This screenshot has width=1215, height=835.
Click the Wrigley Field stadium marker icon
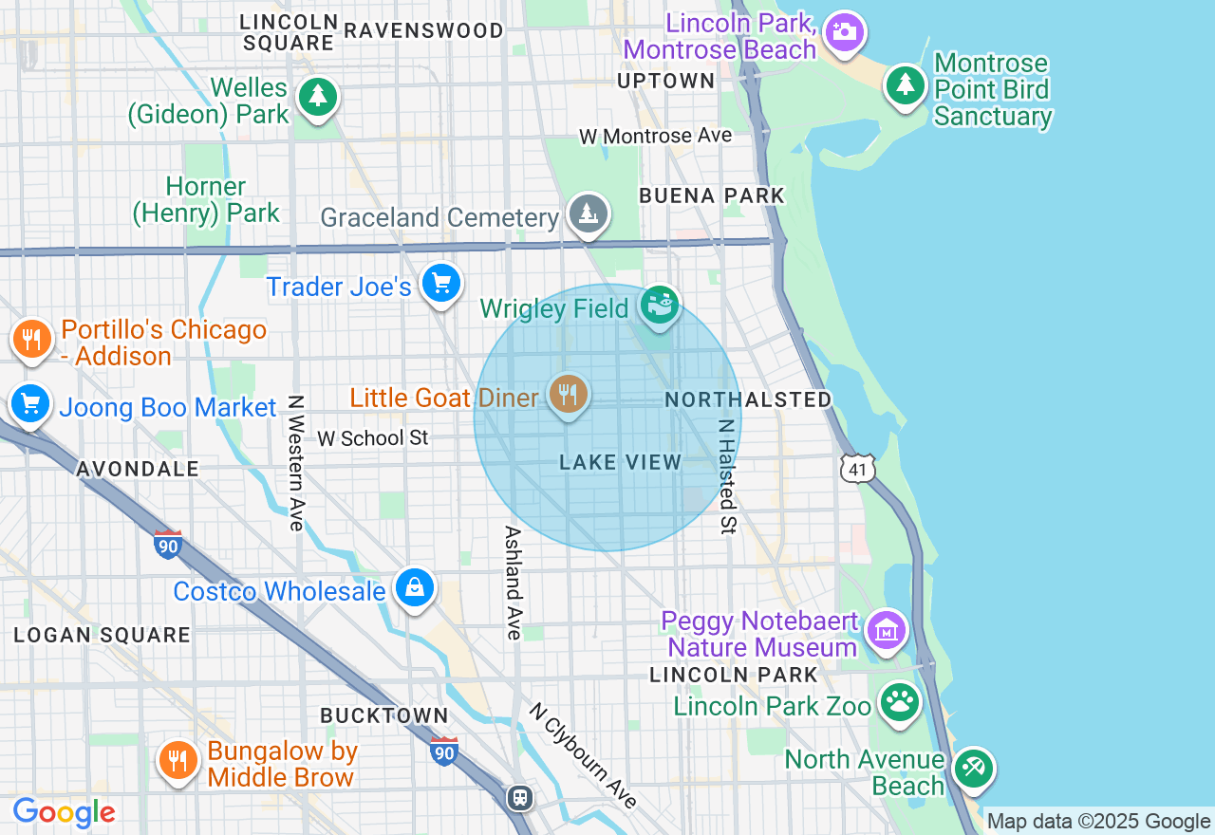click(659, 306)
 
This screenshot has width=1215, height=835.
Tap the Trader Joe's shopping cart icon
click(440, 283)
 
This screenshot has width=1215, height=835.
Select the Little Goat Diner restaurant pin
click(568, 394)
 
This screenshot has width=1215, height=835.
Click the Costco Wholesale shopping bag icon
click(415, 588)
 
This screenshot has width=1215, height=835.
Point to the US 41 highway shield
click(856, 467)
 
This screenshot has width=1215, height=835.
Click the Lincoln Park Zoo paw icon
click(899, 703)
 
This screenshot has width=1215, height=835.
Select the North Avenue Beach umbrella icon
click(972, 768)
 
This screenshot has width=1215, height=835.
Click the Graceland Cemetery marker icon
click(589, 213)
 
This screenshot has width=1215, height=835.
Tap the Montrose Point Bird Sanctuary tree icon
click(906, 85)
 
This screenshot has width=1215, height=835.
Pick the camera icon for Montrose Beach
click(843, 31)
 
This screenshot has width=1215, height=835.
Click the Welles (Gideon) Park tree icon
click(317, 97)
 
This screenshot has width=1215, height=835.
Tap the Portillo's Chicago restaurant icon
click(31, 339)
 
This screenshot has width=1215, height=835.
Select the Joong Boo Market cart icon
click(30, 404)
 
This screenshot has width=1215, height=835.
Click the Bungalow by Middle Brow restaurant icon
click(177, 760)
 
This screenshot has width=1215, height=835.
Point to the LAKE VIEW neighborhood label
click(620, 463)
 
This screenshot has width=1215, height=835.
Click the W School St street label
click(372, 438)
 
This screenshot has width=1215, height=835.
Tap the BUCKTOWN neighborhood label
click(383, 715)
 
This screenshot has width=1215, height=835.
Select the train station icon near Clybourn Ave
click(520, 797)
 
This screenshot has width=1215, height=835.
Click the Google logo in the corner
click(64, 812)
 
